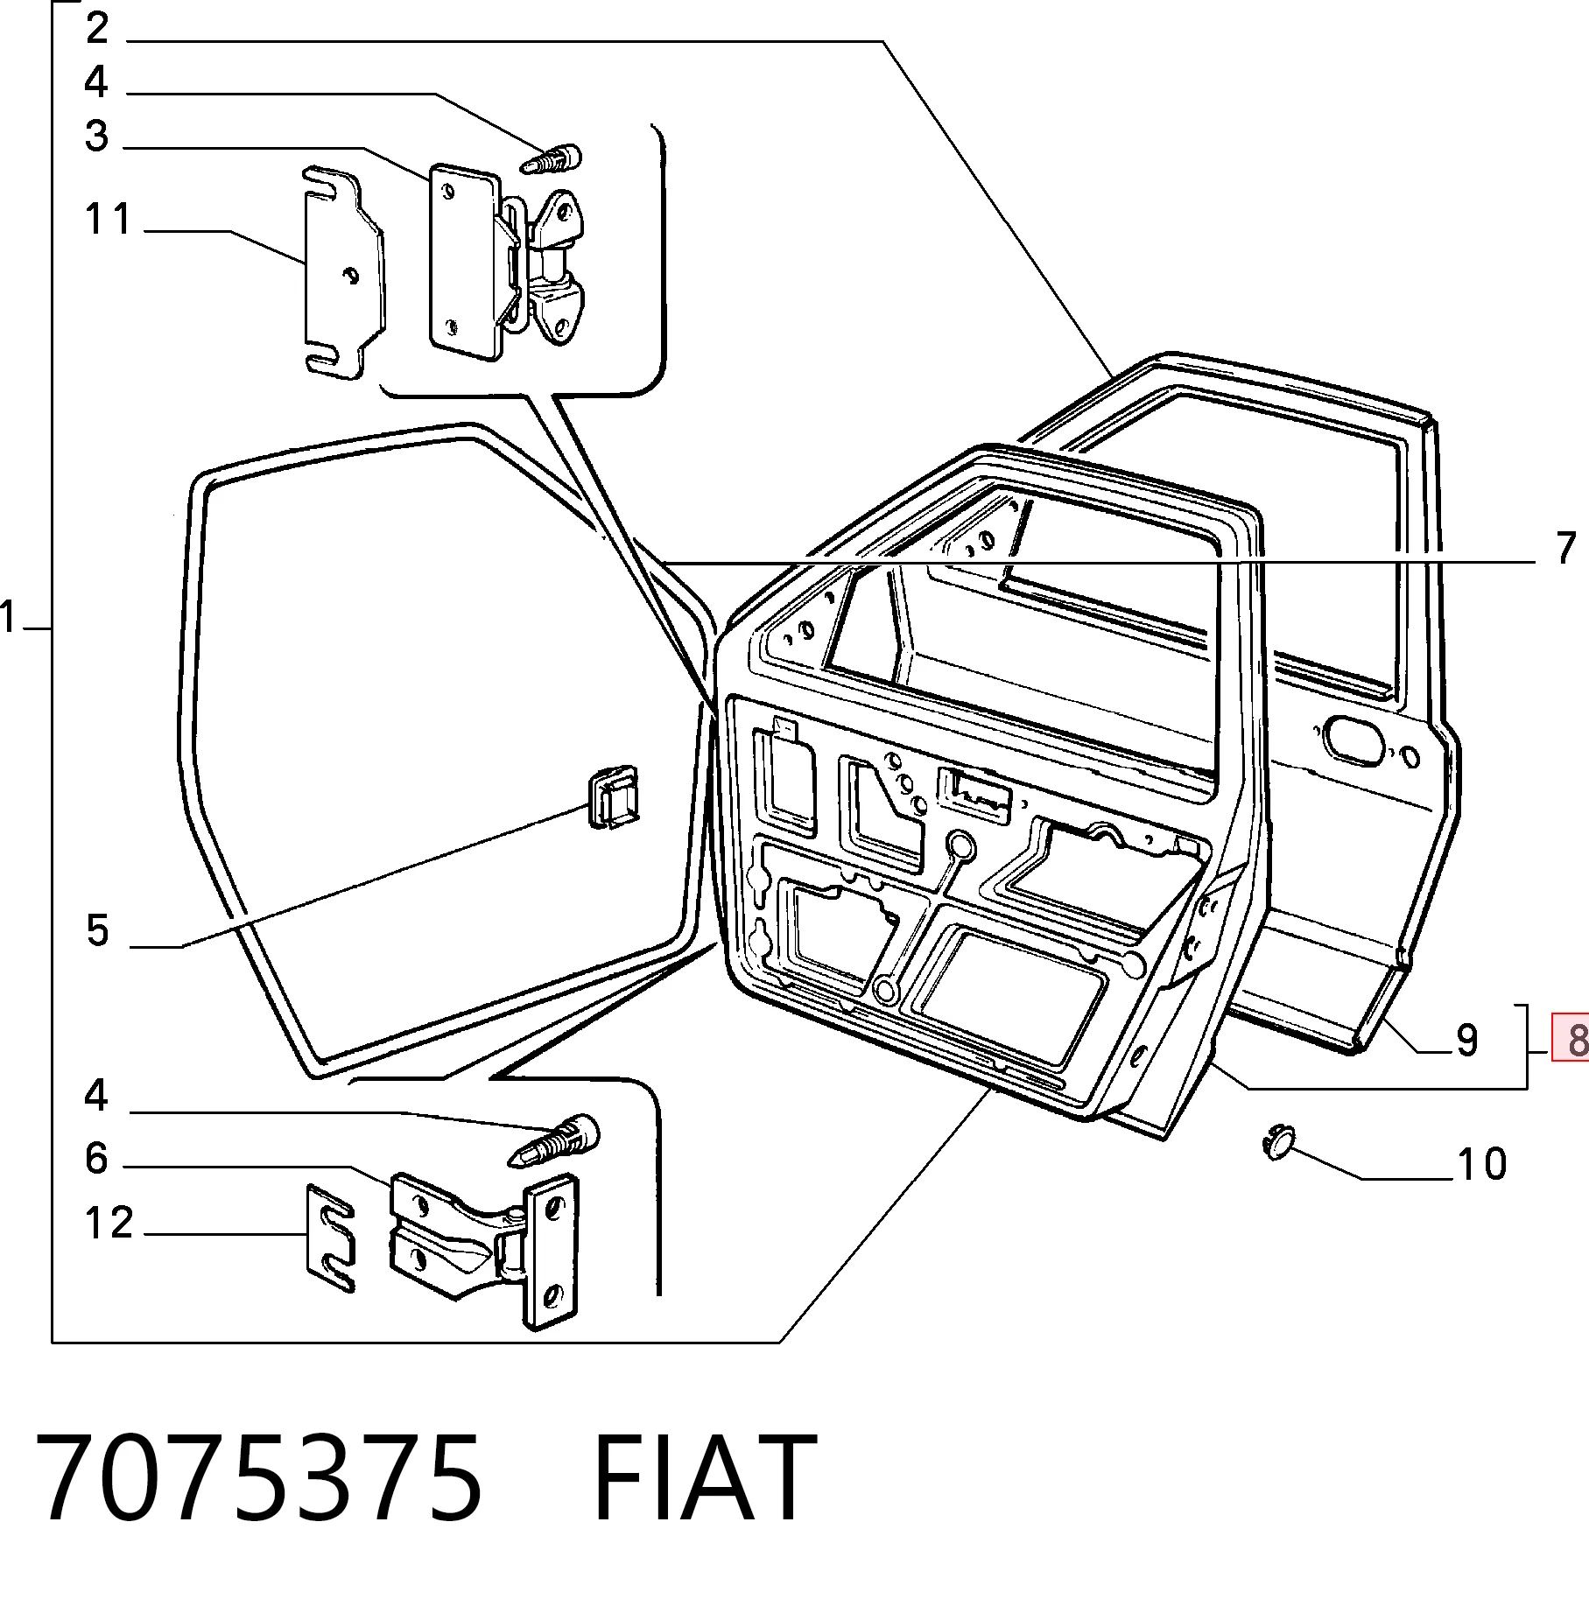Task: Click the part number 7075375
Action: coord(258,1478)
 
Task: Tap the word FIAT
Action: coord(704,1478)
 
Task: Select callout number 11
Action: coord(108,219)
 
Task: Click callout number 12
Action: coord(109,1223)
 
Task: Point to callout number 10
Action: coord(1481,1164)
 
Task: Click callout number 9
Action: coord(1467,1040)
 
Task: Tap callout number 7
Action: coord(1566,548)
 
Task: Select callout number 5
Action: coord(98,929)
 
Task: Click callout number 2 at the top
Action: coord(97,28)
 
